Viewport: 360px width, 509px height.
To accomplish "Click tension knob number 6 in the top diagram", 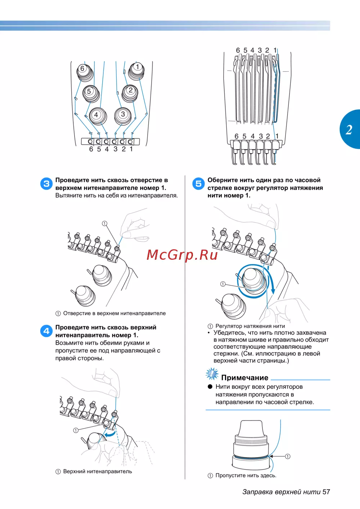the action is point(85,72).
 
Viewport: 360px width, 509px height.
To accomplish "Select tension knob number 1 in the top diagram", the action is point(136,71).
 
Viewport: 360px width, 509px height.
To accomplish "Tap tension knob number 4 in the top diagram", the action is point(98,116).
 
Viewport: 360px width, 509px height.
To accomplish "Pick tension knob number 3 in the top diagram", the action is point(123,116).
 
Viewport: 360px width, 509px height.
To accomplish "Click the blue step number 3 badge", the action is point(46,184).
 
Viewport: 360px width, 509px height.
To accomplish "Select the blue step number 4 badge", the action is point(46,331).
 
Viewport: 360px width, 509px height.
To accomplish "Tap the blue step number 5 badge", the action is point(198,184).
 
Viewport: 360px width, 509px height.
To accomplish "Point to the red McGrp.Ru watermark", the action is point(182,255).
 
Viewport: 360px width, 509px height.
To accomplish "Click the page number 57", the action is point(326,492).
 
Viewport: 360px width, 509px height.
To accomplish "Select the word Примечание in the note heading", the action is point(245,378).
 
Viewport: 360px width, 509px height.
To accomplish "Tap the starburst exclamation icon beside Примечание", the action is point(212,374).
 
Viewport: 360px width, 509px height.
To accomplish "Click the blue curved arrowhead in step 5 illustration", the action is point(273,291).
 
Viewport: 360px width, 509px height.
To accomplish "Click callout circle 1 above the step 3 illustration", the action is point(104,224).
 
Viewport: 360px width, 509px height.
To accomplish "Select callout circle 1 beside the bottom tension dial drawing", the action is point(288,456).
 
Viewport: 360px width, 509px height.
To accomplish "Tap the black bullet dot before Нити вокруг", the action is point(210,387).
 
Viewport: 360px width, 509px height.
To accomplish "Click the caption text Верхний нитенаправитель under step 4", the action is point(98,472).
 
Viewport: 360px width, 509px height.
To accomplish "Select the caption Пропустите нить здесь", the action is point(246,475).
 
